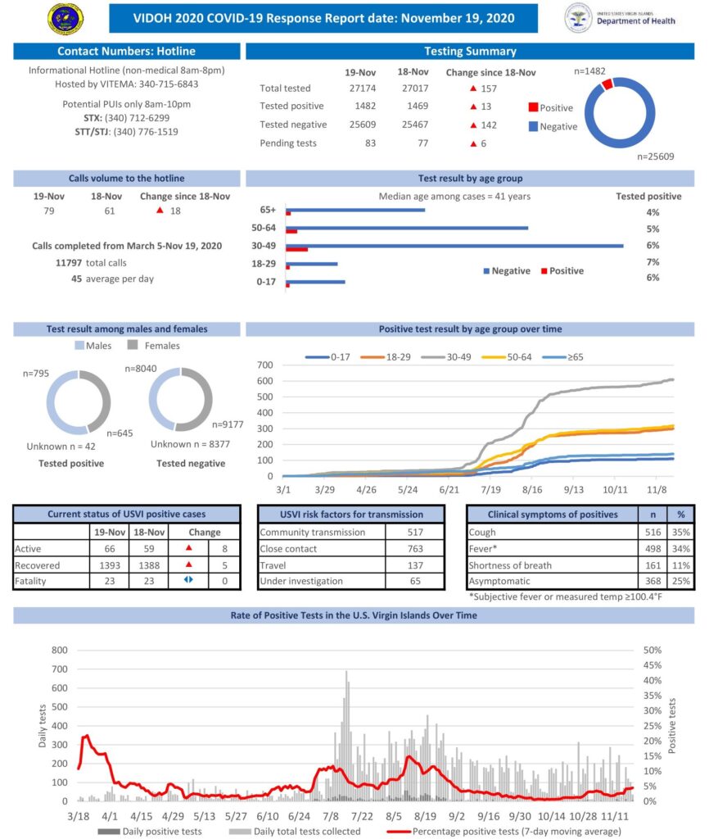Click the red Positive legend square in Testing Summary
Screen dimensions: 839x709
coord(532,107)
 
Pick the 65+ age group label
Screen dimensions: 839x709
coord(268,211)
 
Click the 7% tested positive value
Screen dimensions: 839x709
coord(653,262)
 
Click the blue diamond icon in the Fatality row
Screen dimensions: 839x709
coord(188,581)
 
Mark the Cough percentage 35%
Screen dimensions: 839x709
coord(680,533)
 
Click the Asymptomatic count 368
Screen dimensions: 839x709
coord(653,581)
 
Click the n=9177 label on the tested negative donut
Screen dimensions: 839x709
coord(228,424)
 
